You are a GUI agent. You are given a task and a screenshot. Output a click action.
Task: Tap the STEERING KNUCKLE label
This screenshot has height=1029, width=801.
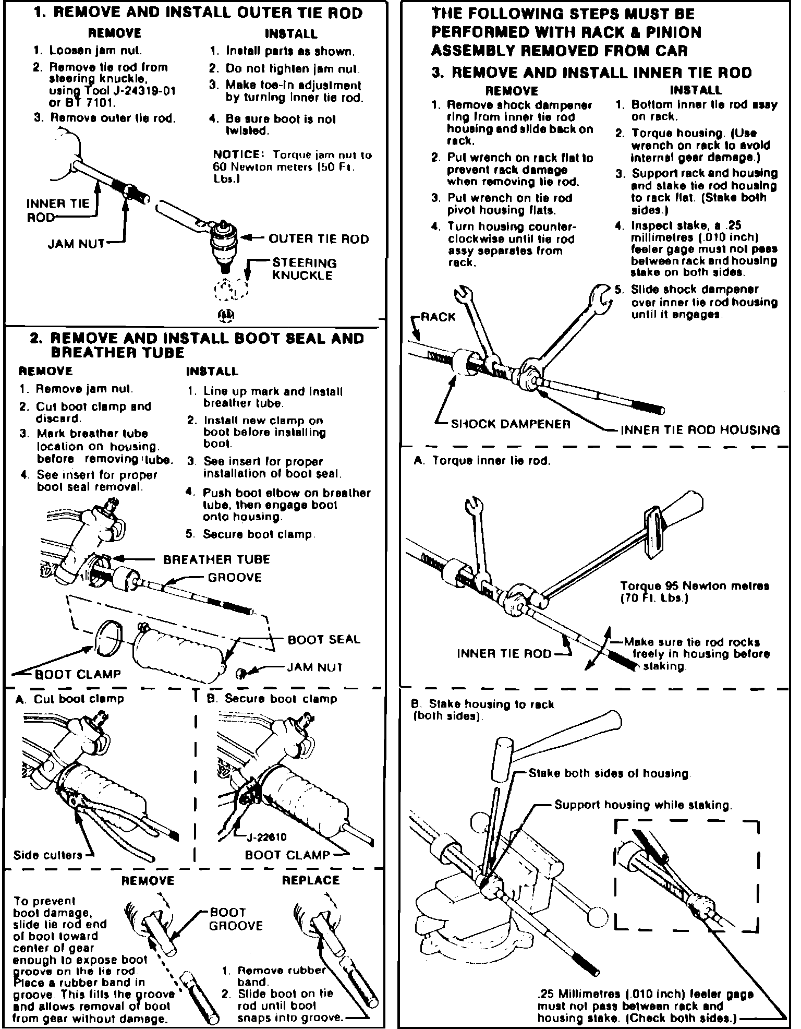[x=304, y=269]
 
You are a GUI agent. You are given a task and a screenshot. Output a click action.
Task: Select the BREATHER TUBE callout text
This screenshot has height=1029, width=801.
[x=216, y=560]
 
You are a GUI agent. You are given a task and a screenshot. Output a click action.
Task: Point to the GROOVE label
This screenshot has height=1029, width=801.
[x=235, y=578]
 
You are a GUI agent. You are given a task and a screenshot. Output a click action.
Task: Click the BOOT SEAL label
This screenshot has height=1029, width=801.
[x=324, y=640]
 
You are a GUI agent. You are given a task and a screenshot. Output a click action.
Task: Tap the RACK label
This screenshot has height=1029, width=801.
[x=438, y=317]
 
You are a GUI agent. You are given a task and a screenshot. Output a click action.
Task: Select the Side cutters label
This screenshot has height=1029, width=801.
[x=47, y=855]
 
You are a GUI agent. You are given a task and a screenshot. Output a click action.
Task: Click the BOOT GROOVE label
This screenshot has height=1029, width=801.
[x=236, y=919]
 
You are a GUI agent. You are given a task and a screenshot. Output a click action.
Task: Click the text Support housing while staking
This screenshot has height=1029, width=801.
[x=643, y=805]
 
